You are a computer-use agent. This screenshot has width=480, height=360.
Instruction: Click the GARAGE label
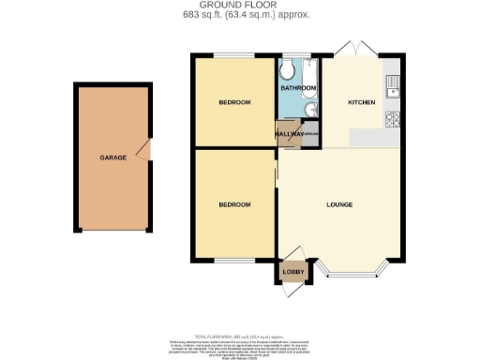tap(113, 157)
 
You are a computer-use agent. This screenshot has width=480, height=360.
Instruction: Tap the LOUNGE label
tap(339, 204)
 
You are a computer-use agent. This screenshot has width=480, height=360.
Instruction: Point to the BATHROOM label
tap(299, 88)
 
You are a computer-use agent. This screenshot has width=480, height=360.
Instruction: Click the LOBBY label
tap(292, 273)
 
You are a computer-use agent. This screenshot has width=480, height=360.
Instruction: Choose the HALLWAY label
tap(289, 134)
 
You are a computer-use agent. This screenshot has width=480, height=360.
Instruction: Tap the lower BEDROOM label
tap(234, 204)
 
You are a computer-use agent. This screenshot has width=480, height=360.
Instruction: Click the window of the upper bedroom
tap(234, 56)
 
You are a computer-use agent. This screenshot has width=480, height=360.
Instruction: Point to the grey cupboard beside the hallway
tap(309, 134)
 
